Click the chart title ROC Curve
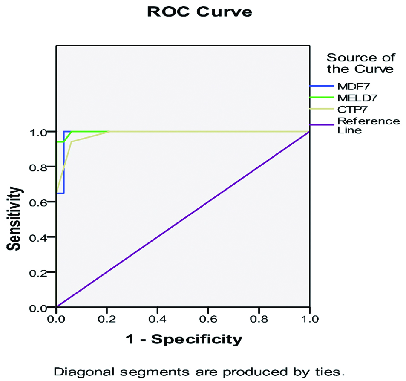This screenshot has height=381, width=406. [x=199, y=12]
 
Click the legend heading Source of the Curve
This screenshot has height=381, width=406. [x=360, y=63]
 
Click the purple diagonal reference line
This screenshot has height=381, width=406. [x=182, y=219]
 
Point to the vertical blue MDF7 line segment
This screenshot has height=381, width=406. [x=63, y=162]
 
